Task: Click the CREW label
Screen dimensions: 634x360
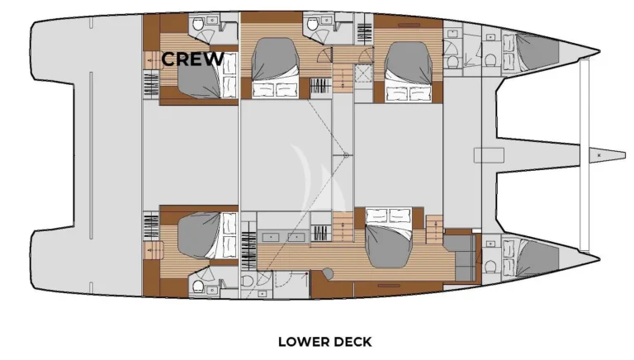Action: click(x=192, y=59)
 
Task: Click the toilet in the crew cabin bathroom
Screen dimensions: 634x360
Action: click(x=198, y=25)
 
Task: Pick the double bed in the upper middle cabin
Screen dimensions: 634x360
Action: click(x=275, y=68)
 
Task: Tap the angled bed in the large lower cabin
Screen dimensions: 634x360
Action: click(x=388, y=238)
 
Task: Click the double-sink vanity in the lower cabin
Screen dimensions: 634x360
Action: click(x=284, y=236)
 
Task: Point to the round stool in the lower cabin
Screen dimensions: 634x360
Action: click(x=328, y=273)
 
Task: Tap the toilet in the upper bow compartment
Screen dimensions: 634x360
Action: click(x=490, y=60)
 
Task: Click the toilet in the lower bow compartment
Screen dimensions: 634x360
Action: click(x=490, y=267)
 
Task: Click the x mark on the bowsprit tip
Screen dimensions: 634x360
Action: click(x=599, y=155)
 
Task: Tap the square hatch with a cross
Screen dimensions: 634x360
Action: click(x=363, y=73)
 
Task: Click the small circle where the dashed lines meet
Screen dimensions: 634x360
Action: click(x=346, y=155)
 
